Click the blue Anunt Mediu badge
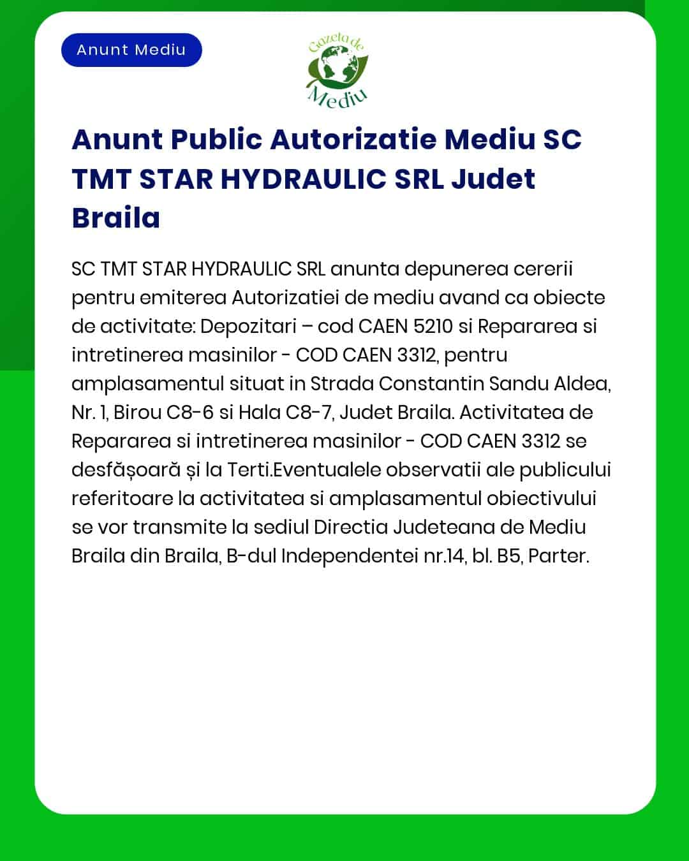[131, 50]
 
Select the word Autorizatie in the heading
[353, 139]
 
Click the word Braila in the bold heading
[116, 217]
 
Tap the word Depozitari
[248, 326]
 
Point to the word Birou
[137, 412]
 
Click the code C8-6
[189, 412]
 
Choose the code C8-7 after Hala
[309, 412]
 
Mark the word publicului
[565, 470]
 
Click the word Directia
[350, 527]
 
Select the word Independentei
[350, 556]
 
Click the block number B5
[509, 556]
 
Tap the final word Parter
[558, 556]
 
